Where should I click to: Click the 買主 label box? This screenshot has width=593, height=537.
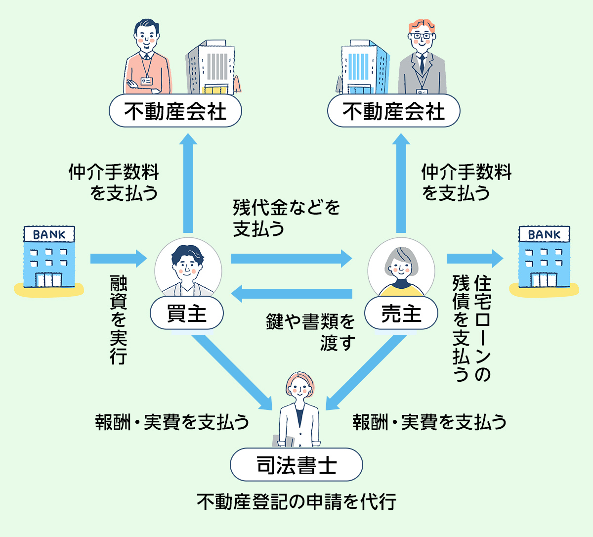click(x=187, y=313)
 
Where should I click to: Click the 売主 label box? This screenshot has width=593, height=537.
click(x=401, y=313)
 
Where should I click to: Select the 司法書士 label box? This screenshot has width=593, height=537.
click(x=296, y=465)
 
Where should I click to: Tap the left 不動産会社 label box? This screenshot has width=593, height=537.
click(x=175, y=111)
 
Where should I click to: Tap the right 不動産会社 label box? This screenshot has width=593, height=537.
click(x=394, y=111)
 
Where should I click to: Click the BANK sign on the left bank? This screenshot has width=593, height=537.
click(x=49, y=234)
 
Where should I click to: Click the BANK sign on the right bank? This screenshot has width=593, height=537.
click(x=544, y=234)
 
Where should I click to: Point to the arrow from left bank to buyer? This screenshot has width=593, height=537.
click(x=119, y=258)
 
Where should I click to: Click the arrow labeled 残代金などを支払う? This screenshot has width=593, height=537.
click(x=292, y=258)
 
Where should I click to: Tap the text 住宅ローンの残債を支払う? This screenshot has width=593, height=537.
click(x=472, y=329)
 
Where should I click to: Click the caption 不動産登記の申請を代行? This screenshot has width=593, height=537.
click(x=296, y=502)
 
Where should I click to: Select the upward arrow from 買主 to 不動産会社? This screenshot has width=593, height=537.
click(x=188, y=183)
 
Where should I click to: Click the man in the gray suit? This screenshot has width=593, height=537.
click(x=422, y=62)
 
